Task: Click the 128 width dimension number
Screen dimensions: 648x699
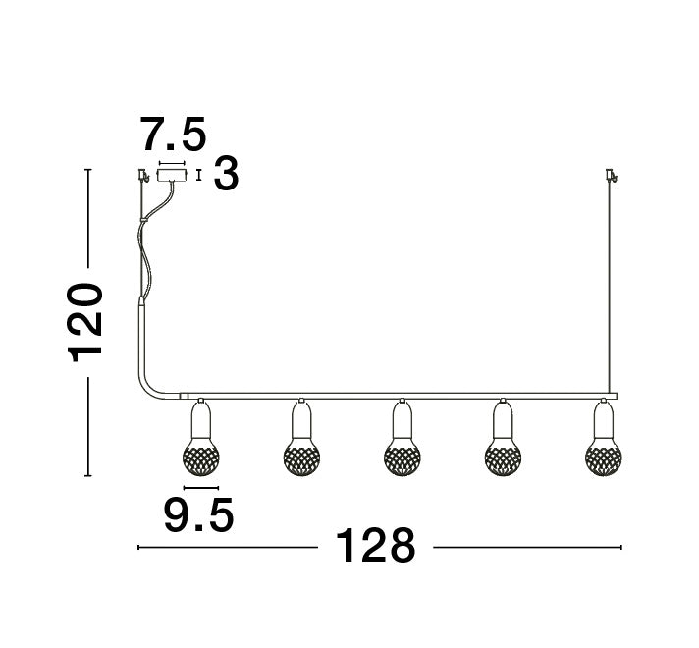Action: click(x=376, y=546)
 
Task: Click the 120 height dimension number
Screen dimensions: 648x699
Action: click(x=86, y=322)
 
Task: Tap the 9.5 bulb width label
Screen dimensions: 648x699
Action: click(x=198, y=514)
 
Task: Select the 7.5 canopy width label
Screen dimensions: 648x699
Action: click(x=173, y=134)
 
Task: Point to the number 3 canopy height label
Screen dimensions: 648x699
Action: click(x=226, y=176)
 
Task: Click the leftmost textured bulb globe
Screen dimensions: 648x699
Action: click(x=200, y=456)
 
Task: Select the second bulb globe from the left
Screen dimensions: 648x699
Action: click(x=300, y=456)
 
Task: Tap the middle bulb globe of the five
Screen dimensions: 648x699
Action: click(x=401, y=456)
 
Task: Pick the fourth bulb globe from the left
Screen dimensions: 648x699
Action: click(x=503, y=456)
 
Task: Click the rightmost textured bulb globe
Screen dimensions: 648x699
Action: click(x=603, y=456)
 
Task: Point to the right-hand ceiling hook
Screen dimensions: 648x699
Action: click(x=610, y=177)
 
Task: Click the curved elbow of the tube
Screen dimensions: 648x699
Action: click(x=153, y=386)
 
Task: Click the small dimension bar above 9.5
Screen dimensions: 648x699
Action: click(x=200, y=487)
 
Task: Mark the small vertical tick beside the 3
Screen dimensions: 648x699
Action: click(x=200, y=176)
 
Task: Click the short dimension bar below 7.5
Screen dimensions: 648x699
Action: click(x=172, y=163)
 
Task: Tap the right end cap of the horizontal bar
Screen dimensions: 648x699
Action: click(x=616, y=396)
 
